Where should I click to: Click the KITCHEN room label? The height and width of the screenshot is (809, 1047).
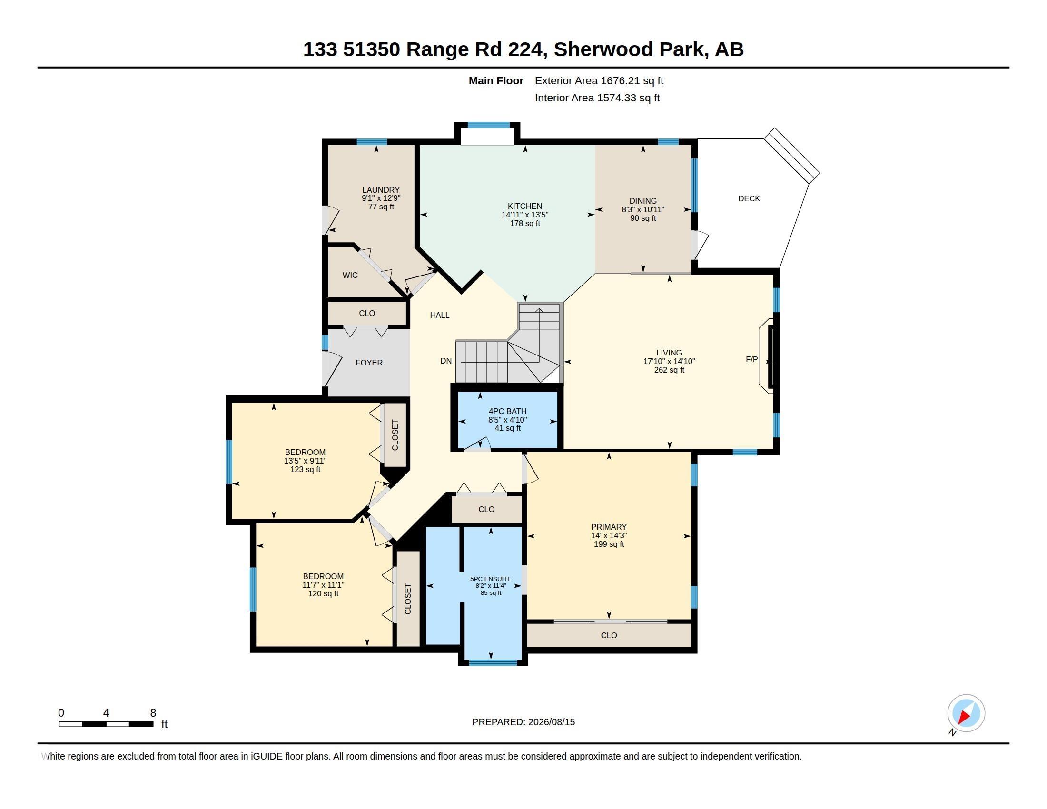click(x=525, y=206)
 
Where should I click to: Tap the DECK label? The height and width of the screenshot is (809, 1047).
click(x=749, y=198)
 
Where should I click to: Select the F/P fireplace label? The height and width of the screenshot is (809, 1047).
click(x=751, y=359)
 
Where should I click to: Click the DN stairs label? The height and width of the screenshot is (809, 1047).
click(x=446, y=361)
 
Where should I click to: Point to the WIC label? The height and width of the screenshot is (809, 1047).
click(x=350, y=275)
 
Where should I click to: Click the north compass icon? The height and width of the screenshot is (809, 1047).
click(x=966, y=714)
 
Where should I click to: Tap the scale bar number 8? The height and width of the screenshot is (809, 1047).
click(x=153, y=713)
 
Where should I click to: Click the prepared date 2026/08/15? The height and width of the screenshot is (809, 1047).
click(x=551, y=722)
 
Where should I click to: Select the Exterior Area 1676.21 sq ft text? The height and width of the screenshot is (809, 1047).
click(x=599, y=80)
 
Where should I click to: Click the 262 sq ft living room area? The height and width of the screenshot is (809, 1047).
click(x=669, y=370)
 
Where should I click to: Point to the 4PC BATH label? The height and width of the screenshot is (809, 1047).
click(x=508, y=411)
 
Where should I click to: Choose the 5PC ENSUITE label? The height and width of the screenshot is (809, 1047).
click(x=491, y=579)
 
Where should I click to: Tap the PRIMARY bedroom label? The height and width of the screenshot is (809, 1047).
click(x=609, y=527)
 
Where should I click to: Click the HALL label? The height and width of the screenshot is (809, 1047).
click(x=440, y=315)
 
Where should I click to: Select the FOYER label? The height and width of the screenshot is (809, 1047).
click(x=369, y=363)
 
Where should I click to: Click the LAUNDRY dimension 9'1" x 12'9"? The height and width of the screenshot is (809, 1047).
click(x=381, y=198)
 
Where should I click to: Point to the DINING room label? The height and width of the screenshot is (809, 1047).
click(x=643, y=201)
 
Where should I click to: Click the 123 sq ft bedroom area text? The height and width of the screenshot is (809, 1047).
click(x=306, y=469)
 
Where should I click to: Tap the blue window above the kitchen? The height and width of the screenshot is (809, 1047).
click(x=488, y=125)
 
